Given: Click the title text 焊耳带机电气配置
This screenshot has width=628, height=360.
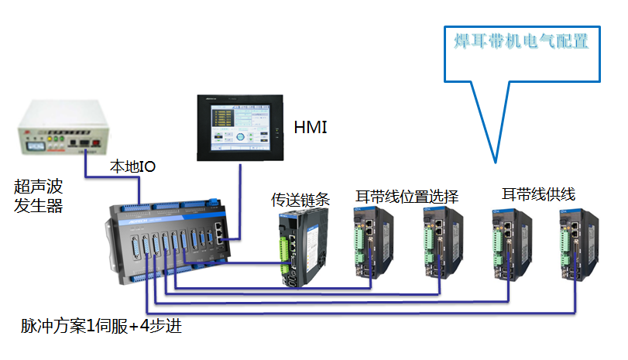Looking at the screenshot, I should [x=521, y=41].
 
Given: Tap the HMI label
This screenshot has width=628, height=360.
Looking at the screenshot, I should [x=311, y=126].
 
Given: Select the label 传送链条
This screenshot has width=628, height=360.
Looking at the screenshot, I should [x=300, y=199].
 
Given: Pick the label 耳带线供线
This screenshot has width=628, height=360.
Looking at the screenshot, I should [x=539, y=194].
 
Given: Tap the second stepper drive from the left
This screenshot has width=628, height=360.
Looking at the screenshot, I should [x=441, y=243].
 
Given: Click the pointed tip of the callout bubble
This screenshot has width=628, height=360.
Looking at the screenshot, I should [x=494, y=160].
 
